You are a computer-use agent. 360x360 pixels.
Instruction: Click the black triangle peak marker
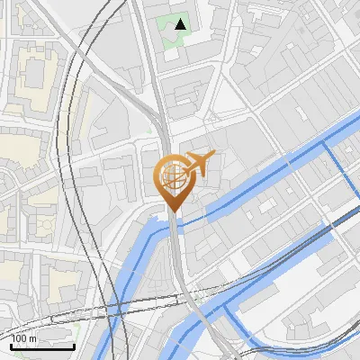[x=181, y=24]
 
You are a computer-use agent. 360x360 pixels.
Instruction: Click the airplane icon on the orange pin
[x=199, y=163]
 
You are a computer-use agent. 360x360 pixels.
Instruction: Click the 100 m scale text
[x=24, y=338]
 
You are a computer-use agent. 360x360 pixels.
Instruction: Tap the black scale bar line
[x=42, y=346]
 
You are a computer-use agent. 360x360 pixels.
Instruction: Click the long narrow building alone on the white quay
[x=270, y=262]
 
